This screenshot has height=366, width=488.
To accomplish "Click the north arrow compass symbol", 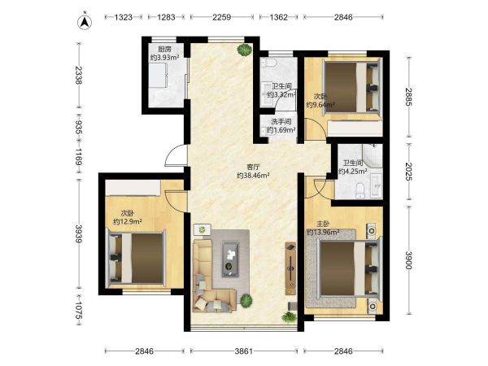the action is (85, 22).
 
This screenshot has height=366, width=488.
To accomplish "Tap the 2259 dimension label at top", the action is (221, 17).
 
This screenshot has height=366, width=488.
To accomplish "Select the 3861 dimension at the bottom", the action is (244, 351).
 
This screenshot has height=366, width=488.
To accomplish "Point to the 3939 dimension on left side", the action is (78, 233).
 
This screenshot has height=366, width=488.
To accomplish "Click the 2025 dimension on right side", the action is (409, 172).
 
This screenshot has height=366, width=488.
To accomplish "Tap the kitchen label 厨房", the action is (164, 49).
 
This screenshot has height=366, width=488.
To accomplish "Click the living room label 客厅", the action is (253, 167).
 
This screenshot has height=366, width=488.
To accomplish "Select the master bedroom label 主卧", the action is (323, 224).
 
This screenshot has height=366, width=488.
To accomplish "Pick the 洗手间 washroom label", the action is (281, 122).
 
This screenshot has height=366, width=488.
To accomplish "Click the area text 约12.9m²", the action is (128, 221).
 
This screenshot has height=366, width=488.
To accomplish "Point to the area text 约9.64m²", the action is (320, 105).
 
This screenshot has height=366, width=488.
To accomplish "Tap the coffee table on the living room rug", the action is (230, 259).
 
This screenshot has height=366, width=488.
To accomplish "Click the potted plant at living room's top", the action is (244, 50).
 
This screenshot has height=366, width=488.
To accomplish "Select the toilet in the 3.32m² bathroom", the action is (269, 63).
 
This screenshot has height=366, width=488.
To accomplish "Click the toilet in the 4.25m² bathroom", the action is (359, 190).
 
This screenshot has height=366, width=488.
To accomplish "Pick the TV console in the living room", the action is (290, 268).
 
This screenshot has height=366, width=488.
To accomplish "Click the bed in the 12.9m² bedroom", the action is (136, 259).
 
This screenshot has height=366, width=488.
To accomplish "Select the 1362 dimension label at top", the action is (278, 17).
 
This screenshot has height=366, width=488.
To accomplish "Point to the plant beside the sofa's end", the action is (246, 300).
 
